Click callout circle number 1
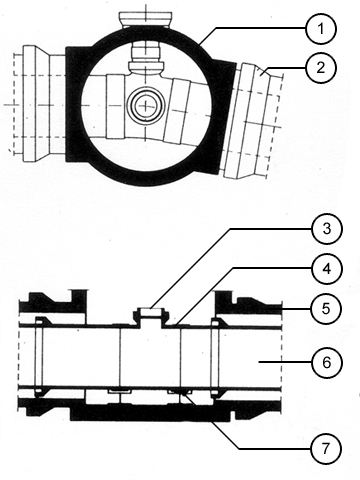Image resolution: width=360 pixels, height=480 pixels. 321,29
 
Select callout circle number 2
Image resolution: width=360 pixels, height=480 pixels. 321,68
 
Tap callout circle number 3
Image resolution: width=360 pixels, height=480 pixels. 327,229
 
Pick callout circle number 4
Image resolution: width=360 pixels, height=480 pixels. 327,269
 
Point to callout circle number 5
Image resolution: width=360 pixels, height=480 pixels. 326,308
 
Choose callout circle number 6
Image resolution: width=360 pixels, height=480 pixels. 326,362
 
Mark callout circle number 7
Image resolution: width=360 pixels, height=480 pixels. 326,448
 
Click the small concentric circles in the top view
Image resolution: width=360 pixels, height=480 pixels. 146,106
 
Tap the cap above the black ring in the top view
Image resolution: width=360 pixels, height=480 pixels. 146,19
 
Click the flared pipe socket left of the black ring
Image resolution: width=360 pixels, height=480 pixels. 42,104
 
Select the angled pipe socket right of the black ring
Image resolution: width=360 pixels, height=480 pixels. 252,120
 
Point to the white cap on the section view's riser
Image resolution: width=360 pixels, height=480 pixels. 150,312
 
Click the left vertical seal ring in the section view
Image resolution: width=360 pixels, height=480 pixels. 39,356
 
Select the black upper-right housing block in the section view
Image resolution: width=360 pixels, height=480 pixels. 248,302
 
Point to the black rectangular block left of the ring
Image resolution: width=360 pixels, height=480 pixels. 75,104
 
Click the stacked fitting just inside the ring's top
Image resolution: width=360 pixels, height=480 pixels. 146,57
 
